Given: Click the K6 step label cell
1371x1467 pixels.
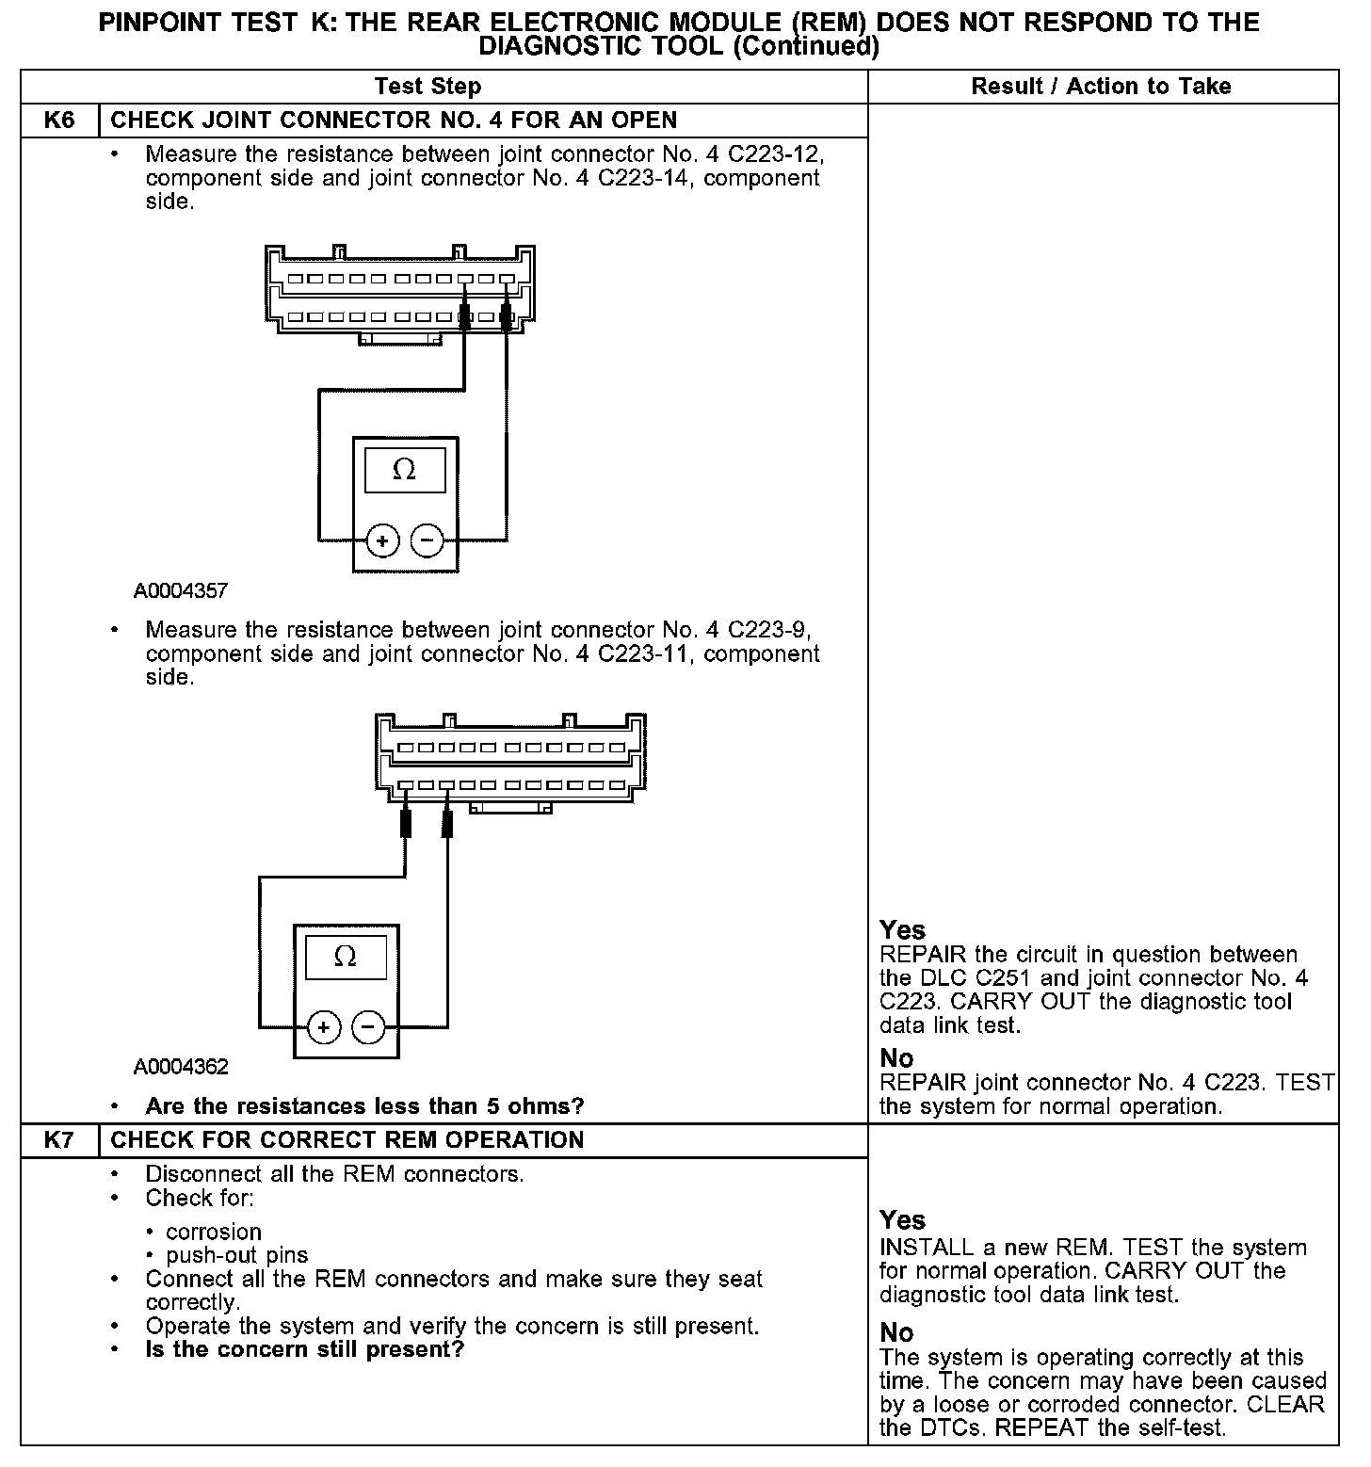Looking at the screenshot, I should tap(59, 121).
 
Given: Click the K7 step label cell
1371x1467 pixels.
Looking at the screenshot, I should tap(59, 1140).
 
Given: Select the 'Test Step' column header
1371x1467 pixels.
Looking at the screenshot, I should tap(427, 87).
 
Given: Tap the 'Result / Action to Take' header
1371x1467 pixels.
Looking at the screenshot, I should tap(1101, 87).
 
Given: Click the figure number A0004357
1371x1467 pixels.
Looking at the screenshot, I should tap(181, 591).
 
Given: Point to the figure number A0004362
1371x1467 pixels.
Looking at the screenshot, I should tap(181, 1067).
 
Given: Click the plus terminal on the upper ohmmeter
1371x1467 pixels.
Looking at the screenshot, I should tap(382, 540).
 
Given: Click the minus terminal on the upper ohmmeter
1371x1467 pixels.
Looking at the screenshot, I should tap(427, 540).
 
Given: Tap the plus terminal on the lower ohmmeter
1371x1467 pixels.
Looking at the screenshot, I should tap(323, 1027).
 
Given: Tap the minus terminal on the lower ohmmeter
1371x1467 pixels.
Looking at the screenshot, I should tap(368, 1027).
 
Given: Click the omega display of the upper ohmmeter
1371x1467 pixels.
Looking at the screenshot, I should tap(404, 469).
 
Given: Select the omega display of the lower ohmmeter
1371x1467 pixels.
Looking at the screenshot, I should tap(345, 957).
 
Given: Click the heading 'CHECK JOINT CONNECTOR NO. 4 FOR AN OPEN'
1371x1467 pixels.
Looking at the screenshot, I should tap(394, 121).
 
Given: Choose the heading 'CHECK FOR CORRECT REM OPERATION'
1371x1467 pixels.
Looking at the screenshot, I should tap(347, 1140).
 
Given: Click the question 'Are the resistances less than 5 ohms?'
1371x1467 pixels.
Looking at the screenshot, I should tap(364, 1105).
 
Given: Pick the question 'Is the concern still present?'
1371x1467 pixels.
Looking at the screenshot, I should tap(305, 1349).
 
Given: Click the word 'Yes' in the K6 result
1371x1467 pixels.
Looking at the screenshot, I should tap(902, 930).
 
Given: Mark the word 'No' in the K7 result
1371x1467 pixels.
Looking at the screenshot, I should tap(896, 1332).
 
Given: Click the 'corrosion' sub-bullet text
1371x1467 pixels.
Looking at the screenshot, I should tap(214, 1232).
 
